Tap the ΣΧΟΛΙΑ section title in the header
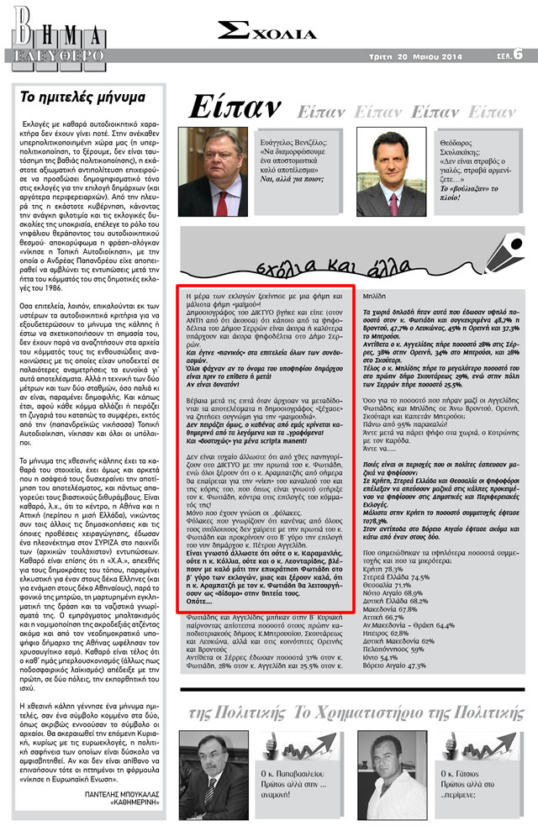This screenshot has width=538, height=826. click(x=267, y=31)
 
